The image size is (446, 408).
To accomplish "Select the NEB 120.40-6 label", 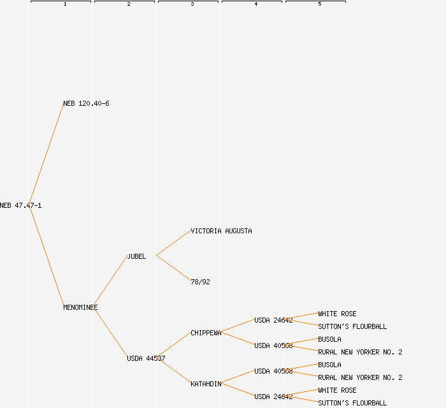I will click(86, 103).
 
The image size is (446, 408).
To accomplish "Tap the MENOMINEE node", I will click(80, 307).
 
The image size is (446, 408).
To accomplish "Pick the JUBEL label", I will click(136, 256).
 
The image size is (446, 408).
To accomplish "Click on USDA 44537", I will click(146, 358).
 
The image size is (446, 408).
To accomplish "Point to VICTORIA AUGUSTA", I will click(221, 231).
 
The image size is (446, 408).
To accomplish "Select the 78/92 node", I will click(200, 282).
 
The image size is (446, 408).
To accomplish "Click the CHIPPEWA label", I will click(206, 333).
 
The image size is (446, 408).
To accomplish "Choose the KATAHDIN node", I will click(206, 384).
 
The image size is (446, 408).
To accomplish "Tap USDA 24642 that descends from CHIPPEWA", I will click(273, 320).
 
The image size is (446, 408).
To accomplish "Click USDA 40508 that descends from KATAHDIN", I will click(273, 371).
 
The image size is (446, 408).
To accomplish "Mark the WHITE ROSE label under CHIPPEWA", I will click(337, 314).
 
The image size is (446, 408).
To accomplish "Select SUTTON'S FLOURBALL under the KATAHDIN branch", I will click(352, 403).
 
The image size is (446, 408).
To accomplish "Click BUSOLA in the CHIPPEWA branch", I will click(329, 339).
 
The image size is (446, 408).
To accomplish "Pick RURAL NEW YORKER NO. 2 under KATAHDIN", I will click(360, 377).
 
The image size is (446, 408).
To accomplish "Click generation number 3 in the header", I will click(192, 4).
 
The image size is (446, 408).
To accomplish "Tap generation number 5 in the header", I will click(319, 4).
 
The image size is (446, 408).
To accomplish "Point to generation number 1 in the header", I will click(64, 4).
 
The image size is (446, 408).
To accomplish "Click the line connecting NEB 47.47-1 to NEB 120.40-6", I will click(47, 154).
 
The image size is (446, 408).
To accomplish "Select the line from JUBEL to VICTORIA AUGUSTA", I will click(173, 243).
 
